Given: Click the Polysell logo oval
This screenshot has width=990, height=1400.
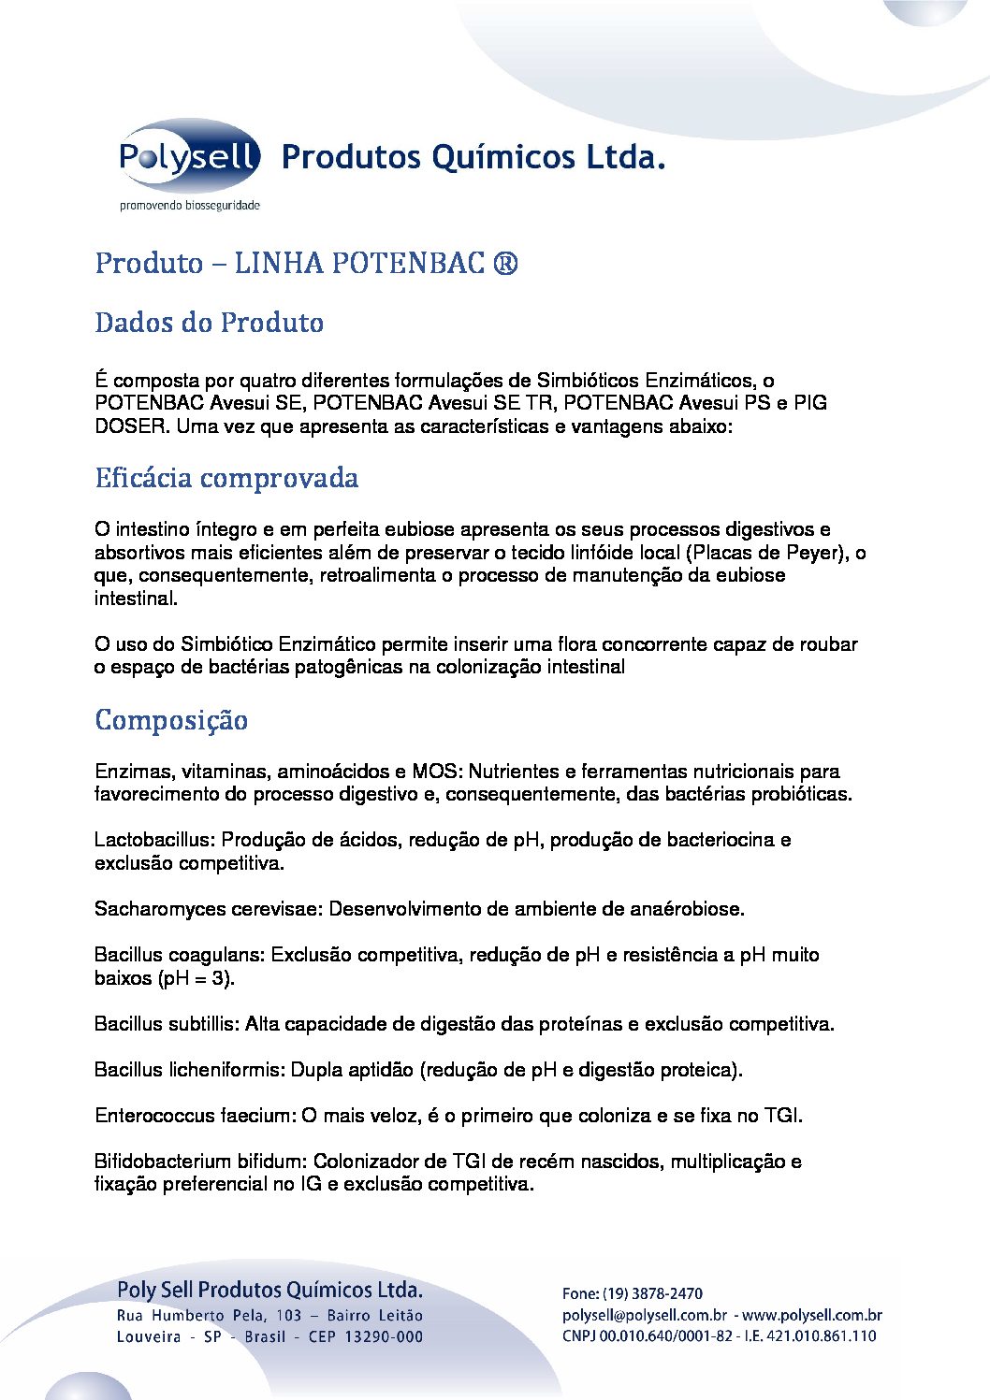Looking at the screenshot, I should point(189,156).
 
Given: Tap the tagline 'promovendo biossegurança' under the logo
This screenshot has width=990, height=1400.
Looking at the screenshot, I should point(189,206).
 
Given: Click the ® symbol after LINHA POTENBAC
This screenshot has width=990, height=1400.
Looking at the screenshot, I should point(503,264).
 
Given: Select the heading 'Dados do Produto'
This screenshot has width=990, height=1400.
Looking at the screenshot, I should point(209,323).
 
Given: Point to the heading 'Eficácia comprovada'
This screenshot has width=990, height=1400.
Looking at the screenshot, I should point(226,478).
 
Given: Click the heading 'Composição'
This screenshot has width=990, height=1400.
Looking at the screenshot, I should point(171,720).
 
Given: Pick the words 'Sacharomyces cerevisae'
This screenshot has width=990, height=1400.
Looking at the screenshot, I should point(206,909).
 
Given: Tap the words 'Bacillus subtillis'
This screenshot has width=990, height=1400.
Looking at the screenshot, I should point(165,1024).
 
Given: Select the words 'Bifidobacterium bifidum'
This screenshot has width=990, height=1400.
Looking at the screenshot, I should point(199,1162).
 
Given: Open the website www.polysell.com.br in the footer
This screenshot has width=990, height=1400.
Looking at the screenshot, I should point(812,1315).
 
